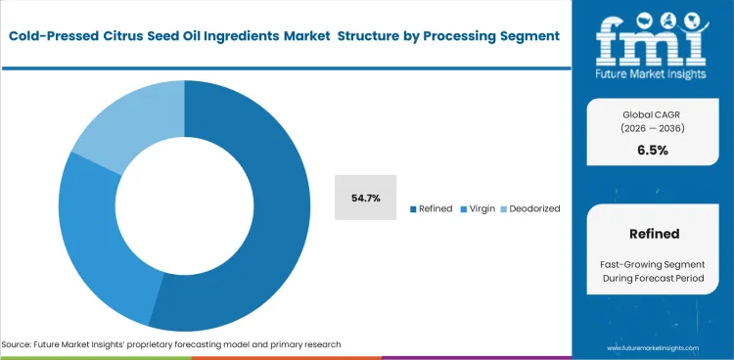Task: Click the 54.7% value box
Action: (365, 198)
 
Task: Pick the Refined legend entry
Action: (434, 208)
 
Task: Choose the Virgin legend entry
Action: (480, 208)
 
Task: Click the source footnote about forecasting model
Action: (171, 345)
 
